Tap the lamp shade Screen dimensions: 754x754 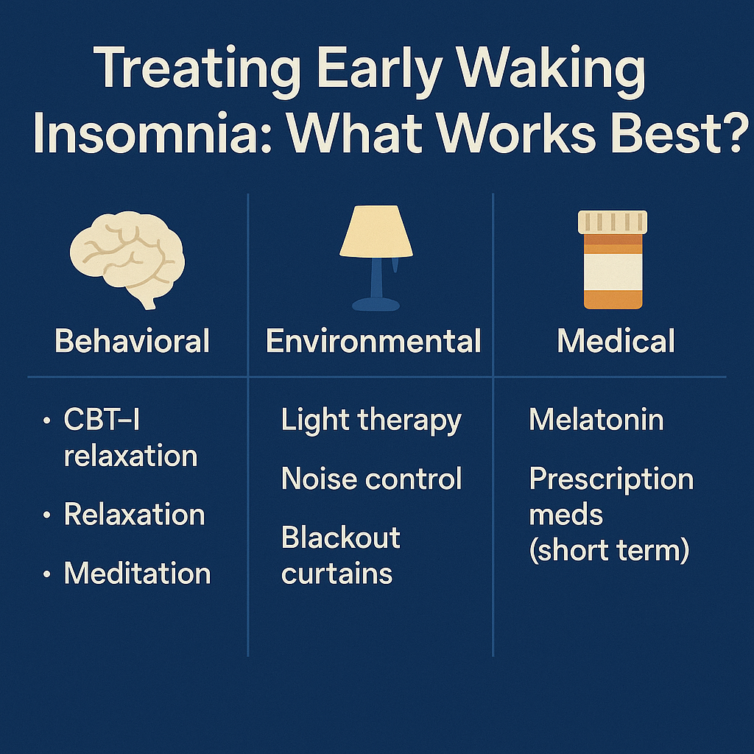376,231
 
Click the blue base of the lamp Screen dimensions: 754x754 376,303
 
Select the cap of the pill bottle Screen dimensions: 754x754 613,221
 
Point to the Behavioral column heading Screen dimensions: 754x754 133,342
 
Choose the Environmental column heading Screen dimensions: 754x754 373,342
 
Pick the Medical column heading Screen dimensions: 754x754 616,342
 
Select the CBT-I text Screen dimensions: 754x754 102,420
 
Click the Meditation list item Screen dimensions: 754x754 138,574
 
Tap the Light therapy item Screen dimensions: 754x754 371,420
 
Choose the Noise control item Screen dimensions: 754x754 372,479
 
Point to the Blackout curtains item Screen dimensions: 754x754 341,555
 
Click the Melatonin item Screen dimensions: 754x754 596,420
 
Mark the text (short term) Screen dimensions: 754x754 609,549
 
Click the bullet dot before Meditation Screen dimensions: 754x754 48,574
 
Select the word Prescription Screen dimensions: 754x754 611,479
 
